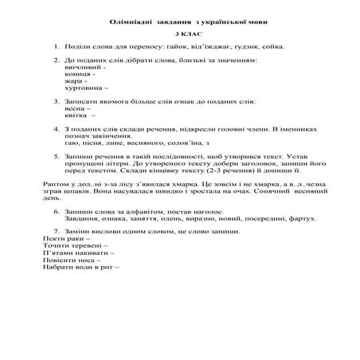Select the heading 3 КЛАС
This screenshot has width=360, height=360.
click(x=179, y=37)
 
